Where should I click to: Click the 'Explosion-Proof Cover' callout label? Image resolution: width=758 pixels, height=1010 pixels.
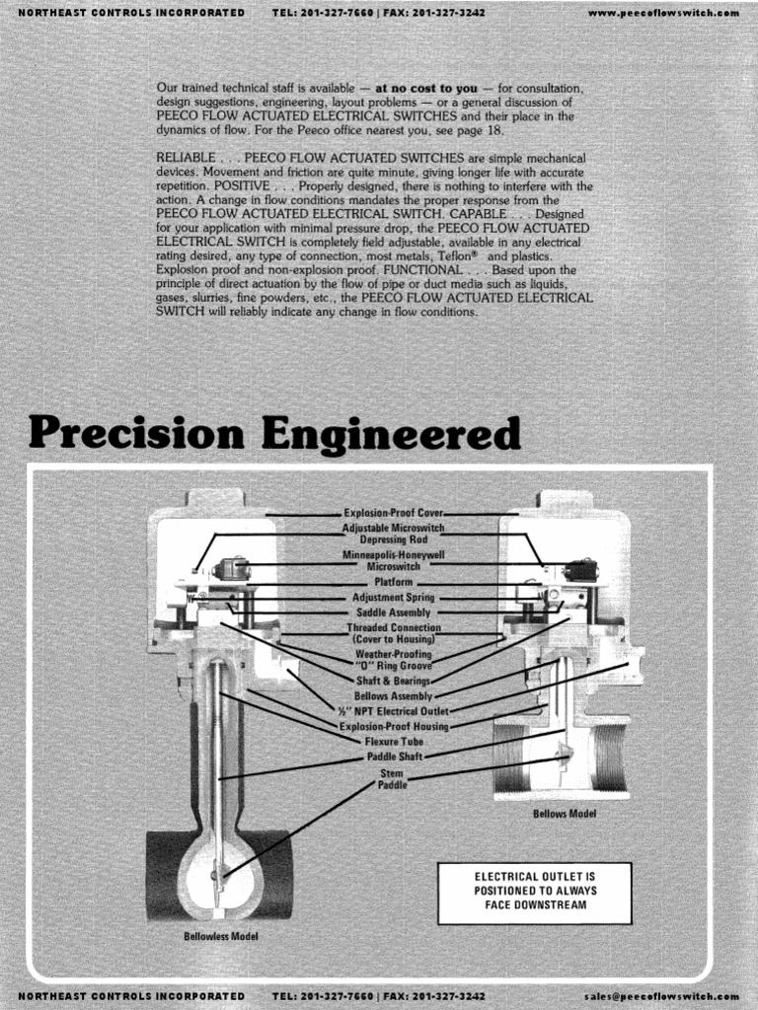point(393,513)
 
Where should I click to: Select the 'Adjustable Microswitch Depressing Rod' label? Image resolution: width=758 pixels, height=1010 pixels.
point(393,534)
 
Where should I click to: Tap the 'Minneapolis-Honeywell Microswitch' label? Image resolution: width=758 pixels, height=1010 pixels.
point(393,561)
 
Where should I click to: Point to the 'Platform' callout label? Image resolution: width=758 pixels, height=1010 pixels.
point(393,583)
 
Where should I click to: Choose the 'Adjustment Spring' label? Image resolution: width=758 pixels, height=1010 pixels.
point(393,598)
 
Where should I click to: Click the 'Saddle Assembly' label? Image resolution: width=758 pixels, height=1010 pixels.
point(393,613)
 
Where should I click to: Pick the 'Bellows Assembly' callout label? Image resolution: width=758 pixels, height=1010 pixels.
point(393,695)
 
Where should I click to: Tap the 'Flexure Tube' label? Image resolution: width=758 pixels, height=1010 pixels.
point(393,741)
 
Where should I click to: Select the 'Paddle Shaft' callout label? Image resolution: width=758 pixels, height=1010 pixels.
point(393,757)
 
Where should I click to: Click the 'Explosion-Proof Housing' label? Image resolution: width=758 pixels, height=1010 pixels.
point(393,726)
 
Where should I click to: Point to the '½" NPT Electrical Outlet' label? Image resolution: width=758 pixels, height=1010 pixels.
point(393,710)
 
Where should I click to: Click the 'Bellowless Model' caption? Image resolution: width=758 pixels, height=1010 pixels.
point(221,935)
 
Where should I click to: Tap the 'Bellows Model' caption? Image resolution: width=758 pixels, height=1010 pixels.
point(565,815)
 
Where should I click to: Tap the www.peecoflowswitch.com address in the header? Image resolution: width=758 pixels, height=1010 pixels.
point(662,12)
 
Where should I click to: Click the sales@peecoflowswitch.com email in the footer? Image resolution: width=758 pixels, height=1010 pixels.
point(660,997)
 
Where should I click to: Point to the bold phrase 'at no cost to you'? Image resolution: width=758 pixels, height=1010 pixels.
point(426,88)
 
